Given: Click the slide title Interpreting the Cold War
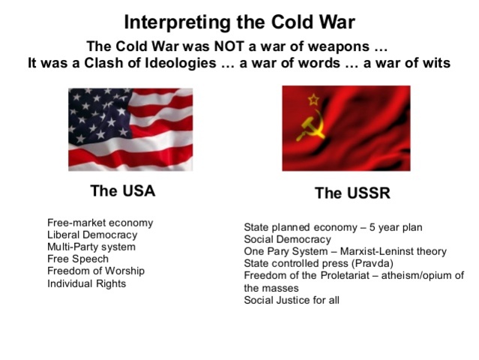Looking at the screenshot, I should [239, 22].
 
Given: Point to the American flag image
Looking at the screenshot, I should [130, 129].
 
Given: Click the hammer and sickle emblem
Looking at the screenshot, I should [310, 127].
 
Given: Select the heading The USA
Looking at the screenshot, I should [123, 191].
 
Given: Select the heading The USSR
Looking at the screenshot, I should [352, 193].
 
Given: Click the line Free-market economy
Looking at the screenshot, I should [100, 223].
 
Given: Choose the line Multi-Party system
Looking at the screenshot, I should [91, 247].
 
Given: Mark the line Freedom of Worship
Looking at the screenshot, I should [95, 271].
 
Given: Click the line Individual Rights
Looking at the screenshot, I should [86, 283].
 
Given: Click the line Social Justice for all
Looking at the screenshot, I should [291, 300].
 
